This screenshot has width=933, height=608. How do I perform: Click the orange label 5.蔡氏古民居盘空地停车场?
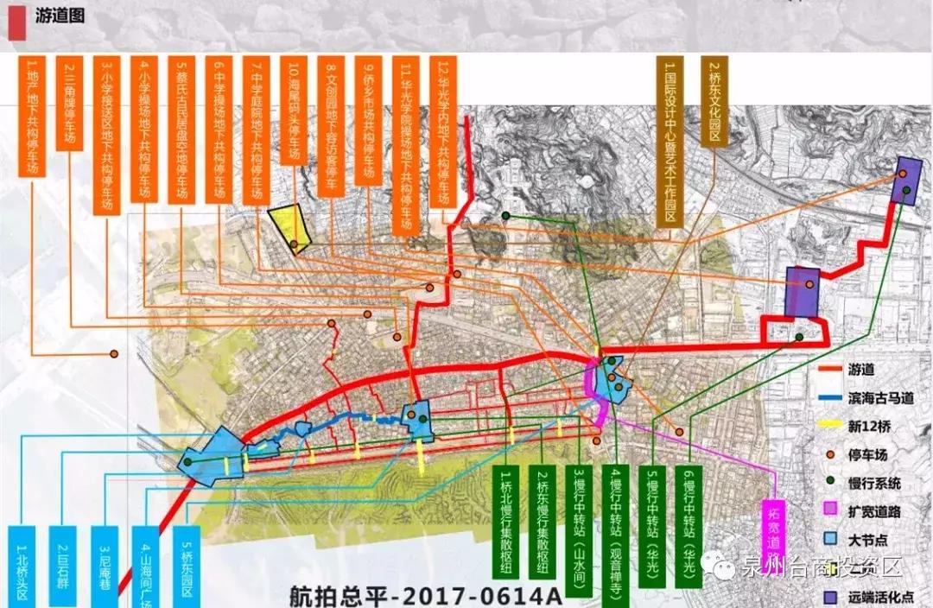(181, 130)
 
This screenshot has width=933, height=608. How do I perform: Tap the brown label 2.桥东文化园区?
(716, 103)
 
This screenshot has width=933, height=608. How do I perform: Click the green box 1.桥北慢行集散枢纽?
(507, 525)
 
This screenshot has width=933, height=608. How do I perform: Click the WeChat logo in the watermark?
(719, 567)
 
